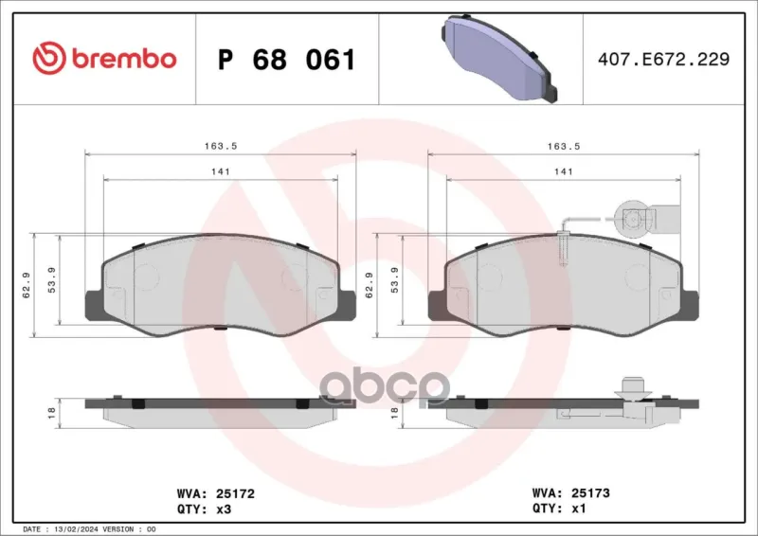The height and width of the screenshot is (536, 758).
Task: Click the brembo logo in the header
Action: (104, 58)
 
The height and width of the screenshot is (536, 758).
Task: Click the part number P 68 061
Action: (287, 60)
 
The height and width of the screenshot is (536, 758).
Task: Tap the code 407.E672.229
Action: (663, 59)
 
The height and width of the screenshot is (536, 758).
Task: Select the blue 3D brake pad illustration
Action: (499, 58)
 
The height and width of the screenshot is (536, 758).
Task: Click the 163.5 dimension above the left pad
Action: (221, 146)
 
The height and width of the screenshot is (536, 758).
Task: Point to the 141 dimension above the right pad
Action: (564, 171)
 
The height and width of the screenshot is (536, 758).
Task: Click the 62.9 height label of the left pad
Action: (27, 285)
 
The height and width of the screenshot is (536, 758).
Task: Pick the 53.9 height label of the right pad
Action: (394, 280)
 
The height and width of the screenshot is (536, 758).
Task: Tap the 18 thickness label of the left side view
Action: (52, 413)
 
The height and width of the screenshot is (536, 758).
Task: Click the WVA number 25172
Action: (235, 493)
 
